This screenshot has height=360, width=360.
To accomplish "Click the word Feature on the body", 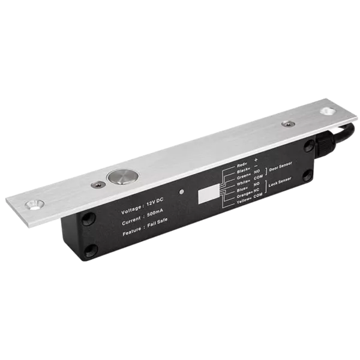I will click(x=134, y=235).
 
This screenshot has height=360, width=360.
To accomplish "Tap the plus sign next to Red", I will click(x=256, y=159).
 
